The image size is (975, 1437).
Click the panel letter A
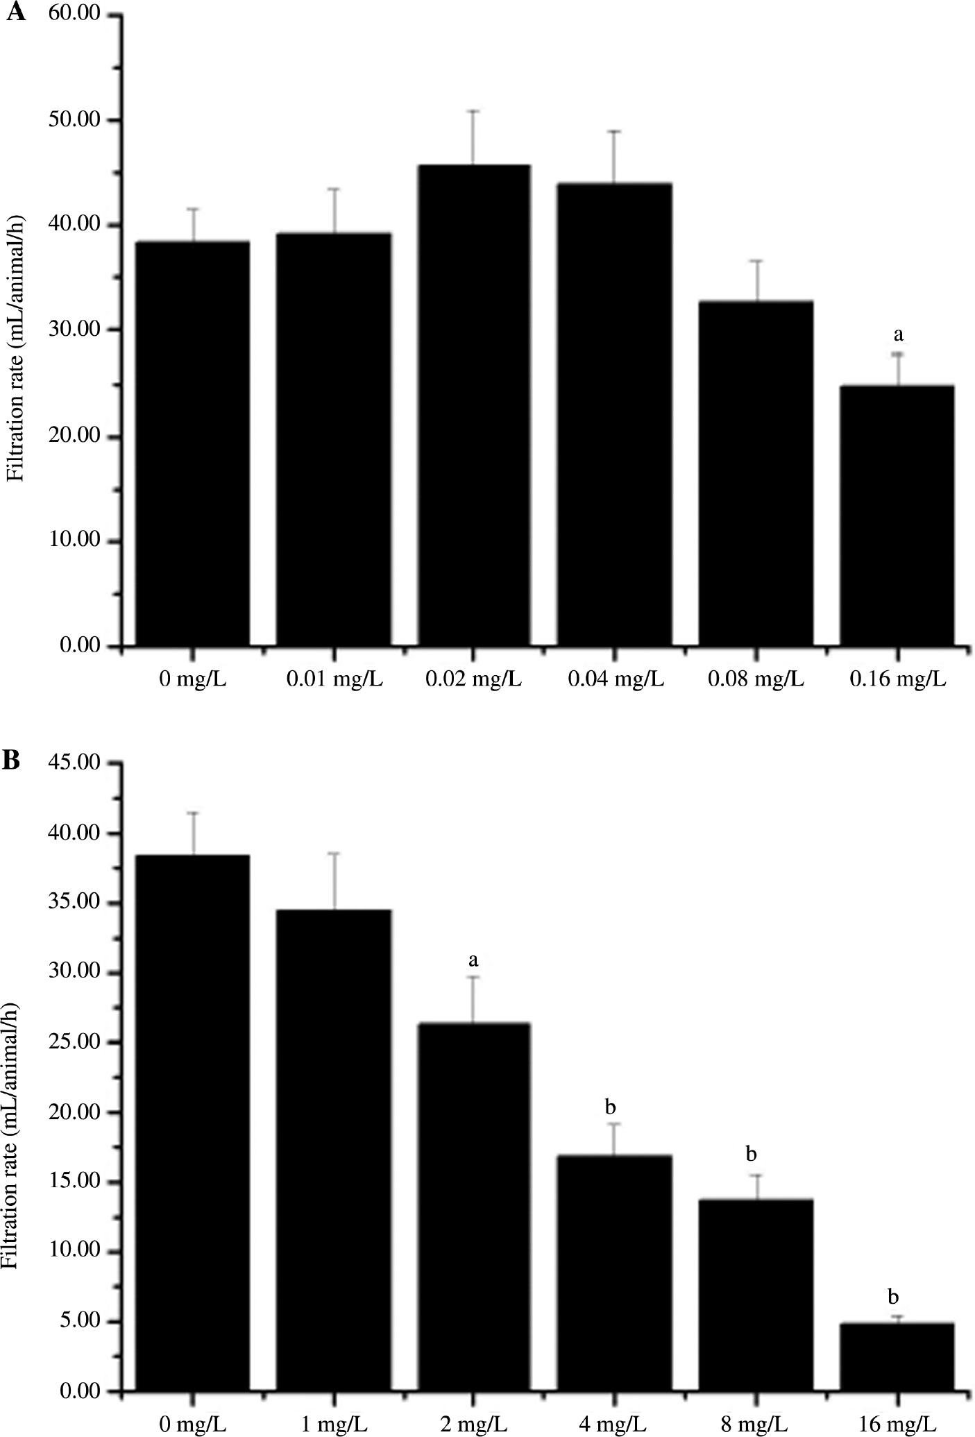coord(15,13)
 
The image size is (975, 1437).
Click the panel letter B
coord(12,760)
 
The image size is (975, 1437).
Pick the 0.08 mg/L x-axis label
coord(756,679)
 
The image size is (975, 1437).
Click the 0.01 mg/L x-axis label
coord(334,679)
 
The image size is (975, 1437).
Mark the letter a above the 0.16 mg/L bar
coord(898,335)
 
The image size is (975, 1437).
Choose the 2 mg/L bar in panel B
coord(473,1207)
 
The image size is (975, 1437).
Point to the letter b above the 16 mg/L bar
coord(894,1297)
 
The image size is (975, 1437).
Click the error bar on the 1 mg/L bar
coord(334,881)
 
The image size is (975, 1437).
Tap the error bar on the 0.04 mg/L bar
coord(614,157)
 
